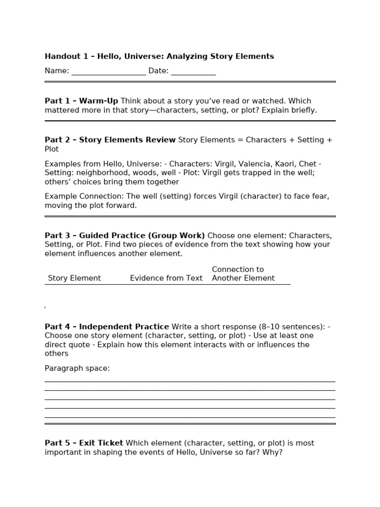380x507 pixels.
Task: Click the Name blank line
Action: tap(109, 72)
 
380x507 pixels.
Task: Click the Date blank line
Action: tap(193, 72)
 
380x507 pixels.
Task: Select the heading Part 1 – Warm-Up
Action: tap(81, 101)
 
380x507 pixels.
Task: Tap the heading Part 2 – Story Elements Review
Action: tap(110, 140)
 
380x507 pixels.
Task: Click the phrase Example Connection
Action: tap(77, 197)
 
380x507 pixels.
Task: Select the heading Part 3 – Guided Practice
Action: tap(125, 235)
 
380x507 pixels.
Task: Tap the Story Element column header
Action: tap(74, 278)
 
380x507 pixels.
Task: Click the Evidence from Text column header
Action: tap(166, 278)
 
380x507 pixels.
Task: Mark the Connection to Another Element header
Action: tap(243, 274)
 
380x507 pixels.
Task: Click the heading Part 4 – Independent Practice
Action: tap(106, 327)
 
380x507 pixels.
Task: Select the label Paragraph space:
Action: tap(77, 368)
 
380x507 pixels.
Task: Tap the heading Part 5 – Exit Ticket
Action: tap(84, 443)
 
